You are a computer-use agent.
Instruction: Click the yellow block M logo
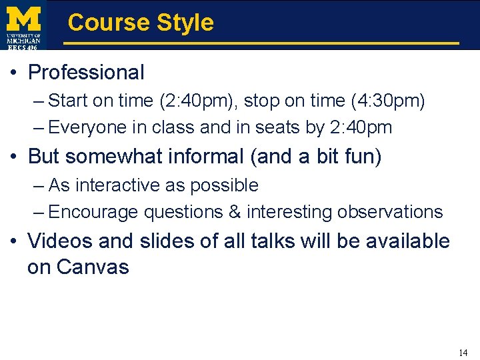24,17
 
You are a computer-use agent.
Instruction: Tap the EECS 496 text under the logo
23,47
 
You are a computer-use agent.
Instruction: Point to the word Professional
86,72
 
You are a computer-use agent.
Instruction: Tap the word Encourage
93,212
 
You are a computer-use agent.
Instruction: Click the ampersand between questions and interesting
234,212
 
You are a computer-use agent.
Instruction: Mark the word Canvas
93,267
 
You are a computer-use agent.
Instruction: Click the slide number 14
463,353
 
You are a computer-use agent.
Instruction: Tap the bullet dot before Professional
14,73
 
